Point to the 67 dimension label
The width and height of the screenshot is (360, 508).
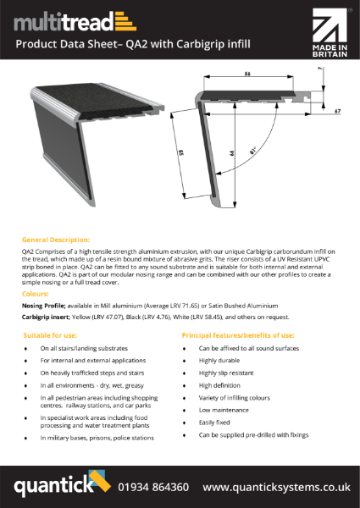(x=336, y=110)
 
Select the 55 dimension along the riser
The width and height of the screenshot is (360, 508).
(x=182, y=156)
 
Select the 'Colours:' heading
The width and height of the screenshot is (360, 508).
(x=35, y=292)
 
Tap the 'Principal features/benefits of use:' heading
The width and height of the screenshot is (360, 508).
(x=238, y=335)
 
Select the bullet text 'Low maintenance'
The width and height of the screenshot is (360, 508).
(x=224, y=409)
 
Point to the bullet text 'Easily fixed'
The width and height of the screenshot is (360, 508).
(x=217, y=422)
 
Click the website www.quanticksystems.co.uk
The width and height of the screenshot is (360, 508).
(x=276, y=487)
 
